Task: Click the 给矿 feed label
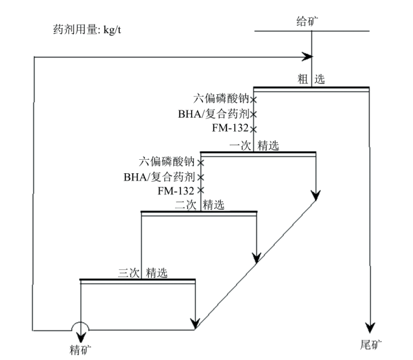[x=307, y=21]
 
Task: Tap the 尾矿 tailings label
[x=371, y=345]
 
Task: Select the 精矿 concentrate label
[x=81, y=350]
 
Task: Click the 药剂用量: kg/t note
[x=87, y=29]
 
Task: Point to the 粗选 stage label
[x=311, y=79]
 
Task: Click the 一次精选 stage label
[x=254, y=146]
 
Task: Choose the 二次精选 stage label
[x=199, y=204]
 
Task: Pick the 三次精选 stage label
[x=143, y=273]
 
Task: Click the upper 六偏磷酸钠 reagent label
[x=221, y=99]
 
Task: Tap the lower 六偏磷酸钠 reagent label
[x=166, y=162]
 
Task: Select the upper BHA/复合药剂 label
[x=214, y=114]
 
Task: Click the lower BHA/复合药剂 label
[x=159, y=177]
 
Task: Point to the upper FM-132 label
[x=230, y=128]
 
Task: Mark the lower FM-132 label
[x=176, y=191]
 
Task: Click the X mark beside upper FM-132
[x=253, y=129]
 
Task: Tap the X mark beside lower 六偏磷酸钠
[x=201, y=163]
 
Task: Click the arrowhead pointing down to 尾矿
[x=370, y=328]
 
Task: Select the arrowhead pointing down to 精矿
[x=81, y=337]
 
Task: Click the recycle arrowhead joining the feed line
[x=307, y=57]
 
